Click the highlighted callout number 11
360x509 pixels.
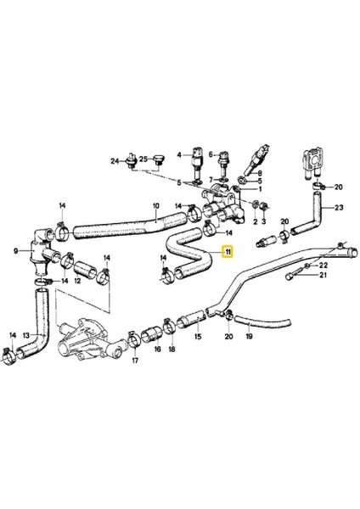click(227, 251)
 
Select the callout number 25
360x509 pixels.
click(143, 159)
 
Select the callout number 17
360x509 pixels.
click(134, 360)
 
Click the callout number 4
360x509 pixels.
click(179, 154)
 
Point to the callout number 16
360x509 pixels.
click(157, 348)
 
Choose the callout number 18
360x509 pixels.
click(172, 348)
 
